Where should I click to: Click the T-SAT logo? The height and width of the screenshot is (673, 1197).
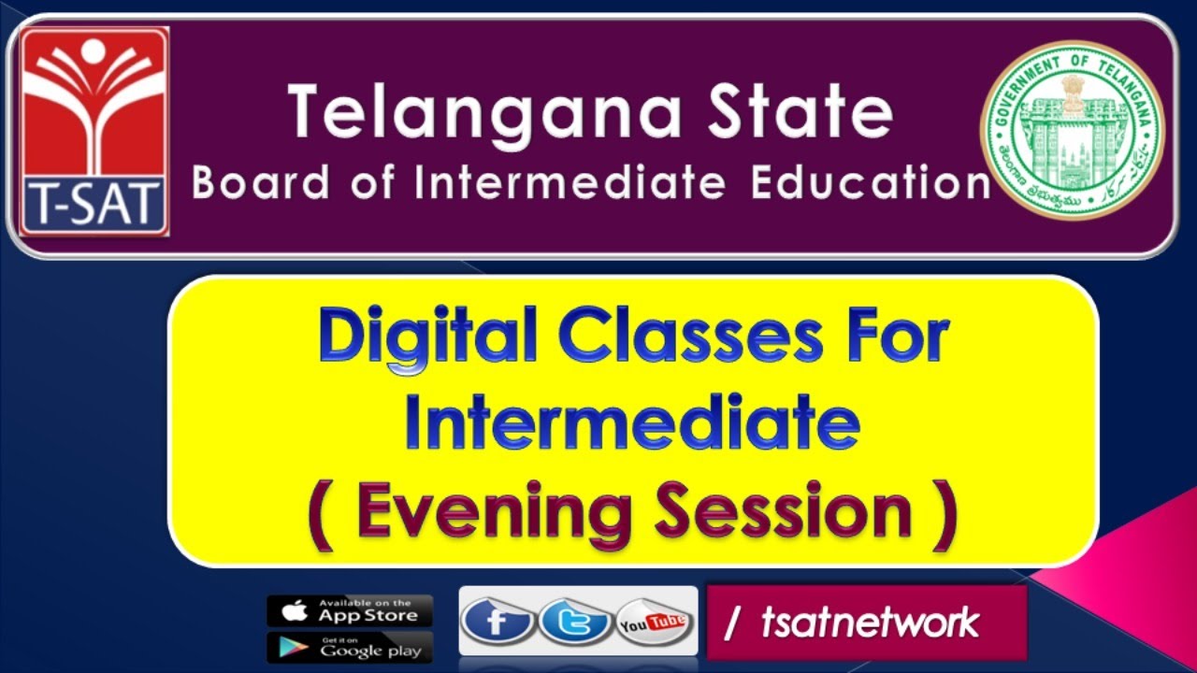[94, 131]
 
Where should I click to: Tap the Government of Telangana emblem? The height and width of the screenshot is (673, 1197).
[1072, 130]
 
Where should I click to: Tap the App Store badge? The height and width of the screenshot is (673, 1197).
[350, 610]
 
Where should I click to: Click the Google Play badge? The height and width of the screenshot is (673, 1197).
[350, 648]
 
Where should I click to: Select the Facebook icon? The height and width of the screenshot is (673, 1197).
[498, 622]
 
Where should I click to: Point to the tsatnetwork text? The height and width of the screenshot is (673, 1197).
[870, 623]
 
